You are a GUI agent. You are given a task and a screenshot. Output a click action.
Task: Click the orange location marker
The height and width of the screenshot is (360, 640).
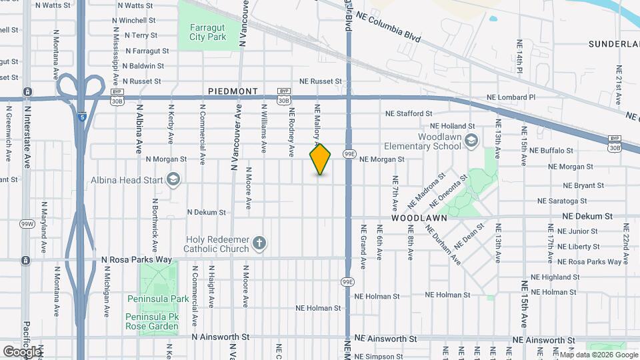coord(320,159)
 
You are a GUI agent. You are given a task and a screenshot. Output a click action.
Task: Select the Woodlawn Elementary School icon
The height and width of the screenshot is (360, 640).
coord(472,139)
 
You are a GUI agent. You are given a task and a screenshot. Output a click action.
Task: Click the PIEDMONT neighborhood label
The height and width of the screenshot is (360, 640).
coord(233,91)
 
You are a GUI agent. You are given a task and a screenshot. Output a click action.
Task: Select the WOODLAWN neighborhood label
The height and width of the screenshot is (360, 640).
coord(418,218)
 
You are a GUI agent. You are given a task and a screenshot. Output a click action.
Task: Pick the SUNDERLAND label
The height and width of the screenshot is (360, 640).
coord(613,44)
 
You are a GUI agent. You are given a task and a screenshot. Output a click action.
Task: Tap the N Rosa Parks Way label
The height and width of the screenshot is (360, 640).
coord(137,259)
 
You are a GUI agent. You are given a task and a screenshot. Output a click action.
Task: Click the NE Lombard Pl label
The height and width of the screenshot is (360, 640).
coord(511,97)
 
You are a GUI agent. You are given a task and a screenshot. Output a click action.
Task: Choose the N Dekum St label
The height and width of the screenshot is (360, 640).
coord(207,212)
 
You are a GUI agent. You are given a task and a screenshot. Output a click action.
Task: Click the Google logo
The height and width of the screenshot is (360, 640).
coord(22,351)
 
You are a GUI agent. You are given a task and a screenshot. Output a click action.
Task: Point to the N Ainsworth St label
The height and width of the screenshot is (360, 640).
coord(220,338)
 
